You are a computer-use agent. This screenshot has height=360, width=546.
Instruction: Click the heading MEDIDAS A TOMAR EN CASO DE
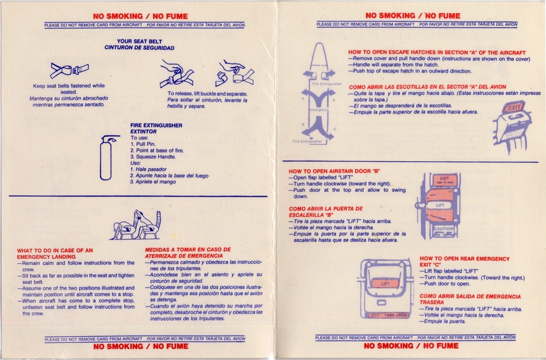point(188,249)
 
